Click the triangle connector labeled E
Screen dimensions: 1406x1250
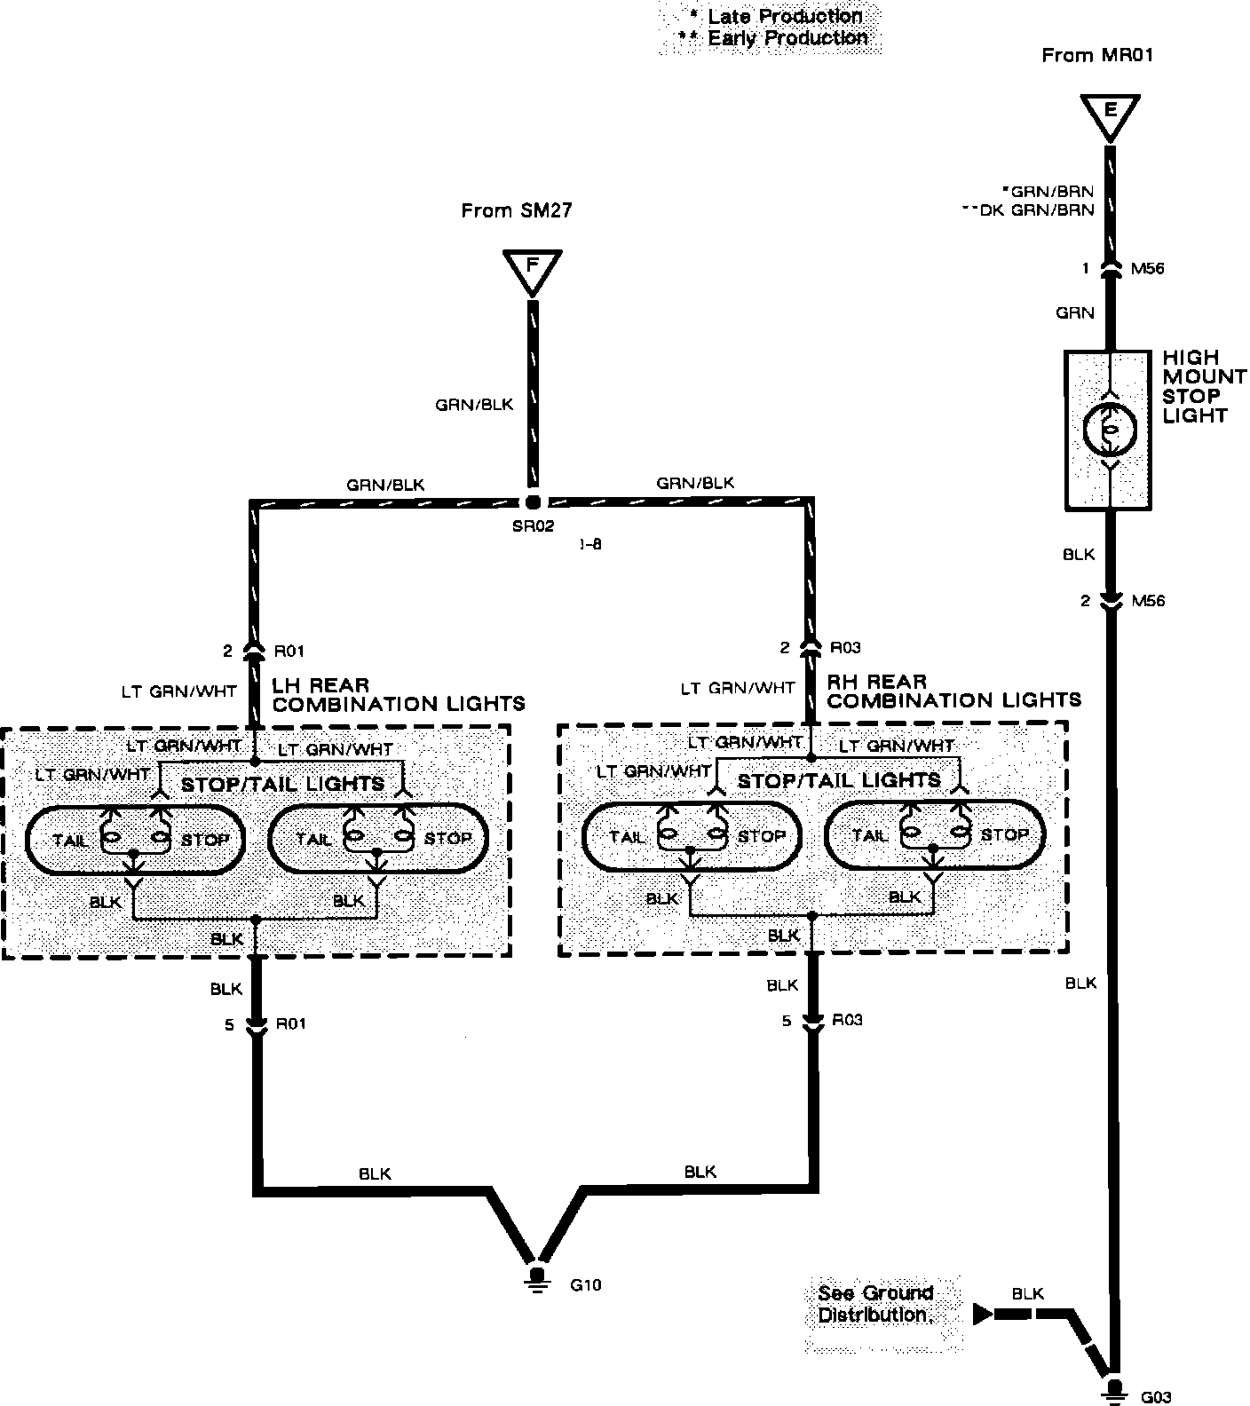click(1110, 115)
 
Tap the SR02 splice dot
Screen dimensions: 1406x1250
click(533, 502)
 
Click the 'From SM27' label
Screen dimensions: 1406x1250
click(516, 211)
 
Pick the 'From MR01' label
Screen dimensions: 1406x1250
click(1096, 56)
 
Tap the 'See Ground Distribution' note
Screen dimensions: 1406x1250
click(875, 1304)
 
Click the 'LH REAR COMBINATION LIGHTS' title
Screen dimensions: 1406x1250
click(398, 695)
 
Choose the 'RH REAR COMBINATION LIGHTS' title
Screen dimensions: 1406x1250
click(953, 691)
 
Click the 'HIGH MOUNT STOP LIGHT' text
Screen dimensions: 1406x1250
click(1203, 386)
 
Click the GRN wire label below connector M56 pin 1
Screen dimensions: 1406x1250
click(1074, 312)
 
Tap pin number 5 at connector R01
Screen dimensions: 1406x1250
click(228, 1024)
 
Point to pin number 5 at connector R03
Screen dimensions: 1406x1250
click(786, 1021)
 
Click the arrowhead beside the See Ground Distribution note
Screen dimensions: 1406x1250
click(983, 1314)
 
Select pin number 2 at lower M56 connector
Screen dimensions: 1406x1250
click(1085, 601)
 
